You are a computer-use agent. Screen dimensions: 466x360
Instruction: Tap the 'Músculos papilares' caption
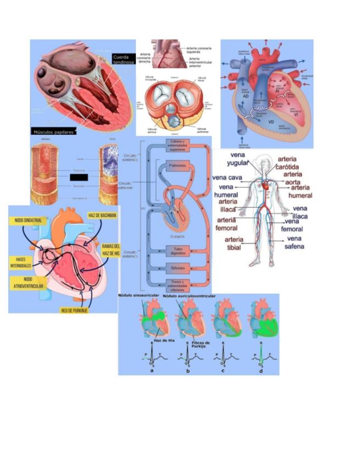[x=53, y=132]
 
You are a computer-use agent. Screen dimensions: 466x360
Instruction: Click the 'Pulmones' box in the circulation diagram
[x=176, y=165]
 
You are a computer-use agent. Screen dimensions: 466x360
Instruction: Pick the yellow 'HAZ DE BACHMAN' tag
[x=102, y=215]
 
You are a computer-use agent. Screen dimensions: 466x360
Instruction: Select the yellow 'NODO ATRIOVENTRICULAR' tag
[x=24, y=282]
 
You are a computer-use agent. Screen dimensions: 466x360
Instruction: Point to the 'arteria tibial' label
[x=235, y=243]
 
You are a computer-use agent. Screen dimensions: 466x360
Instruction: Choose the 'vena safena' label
[x=294, y=242]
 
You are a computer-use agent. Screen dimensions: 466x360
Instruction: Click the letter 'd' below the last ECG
[x=261, y=371]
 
